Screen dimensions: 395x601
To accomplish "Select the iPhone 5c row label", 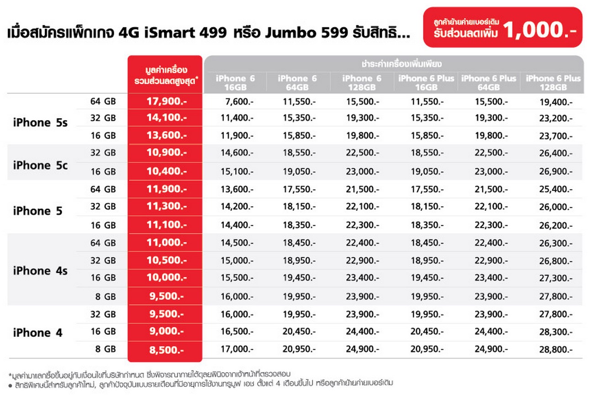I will [40, 165].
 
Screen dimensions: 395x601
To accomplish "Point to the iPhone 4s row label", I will [40, 271].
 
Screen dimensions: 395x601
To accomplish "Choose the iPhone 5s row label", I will [40, 123].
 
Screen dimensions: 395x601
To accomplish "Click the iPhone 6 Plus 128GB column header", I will [554, 83].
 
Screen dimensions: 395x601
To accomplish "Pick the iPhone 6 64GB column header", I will [297, 83].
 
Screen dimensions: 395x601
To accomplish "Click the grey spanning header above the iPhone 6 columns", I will [394, 63].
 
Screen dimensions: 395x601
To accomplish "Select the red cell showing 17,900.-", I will [165, 102].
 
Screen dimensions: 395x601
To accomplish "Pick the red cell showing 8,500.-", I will [165, 350].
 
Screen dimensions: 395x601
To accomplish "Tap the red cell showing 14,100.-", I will [165, 118].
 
